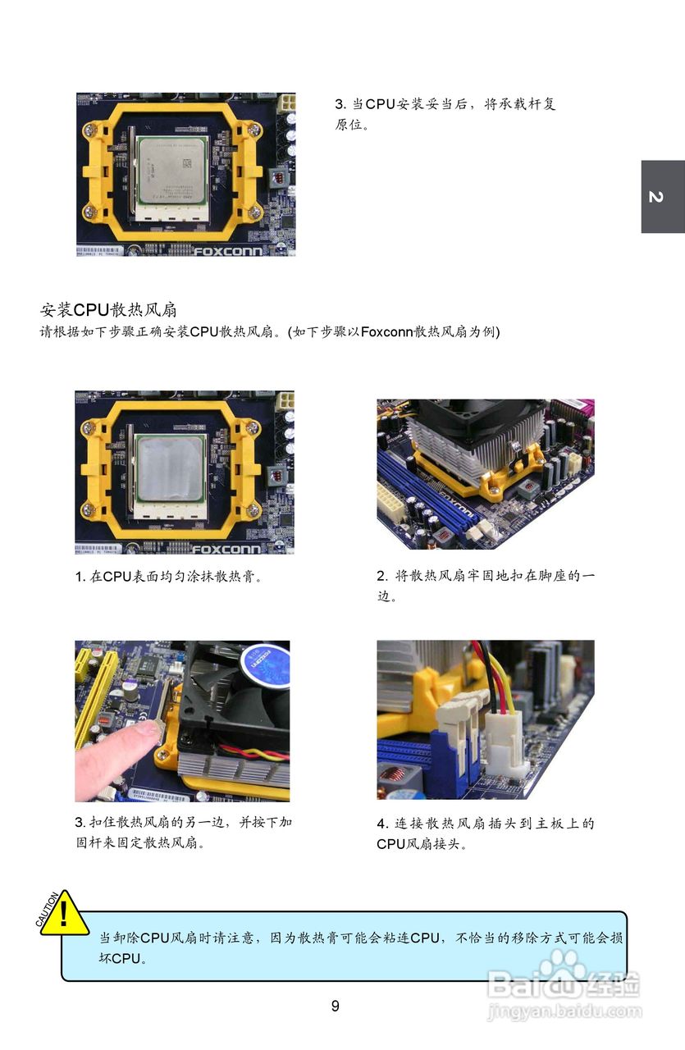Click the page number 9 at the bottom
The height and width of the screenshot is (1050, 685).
[335, 1006]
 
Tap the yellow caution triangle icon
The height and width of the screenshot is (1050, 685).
[64, 915]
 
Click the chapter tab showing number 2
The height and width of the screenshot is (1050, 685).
[663, 196]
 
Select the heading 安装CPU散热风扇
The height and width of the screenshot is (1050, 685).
[108, 310]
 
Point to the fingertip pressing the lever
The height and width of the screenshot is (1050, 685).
[149, 730]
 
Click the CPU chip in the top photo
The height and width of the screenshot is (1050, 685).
[171, 171]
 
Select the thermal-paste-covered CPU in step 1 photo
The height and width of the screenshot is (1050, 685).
[170, 468]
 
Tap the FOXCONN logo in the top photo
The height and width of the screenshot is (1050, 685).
[228, 251]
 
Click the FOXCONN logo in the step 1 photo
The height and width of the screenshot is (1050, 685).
[226, 550]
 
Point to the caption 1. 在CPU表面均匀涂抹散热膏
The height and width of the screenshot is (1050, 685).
[168, 576]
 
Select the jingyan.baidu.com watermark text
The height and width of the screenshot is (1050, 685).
[564, 1011]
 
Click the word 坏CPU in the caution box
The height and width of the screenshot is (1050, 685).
[120, 959]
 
